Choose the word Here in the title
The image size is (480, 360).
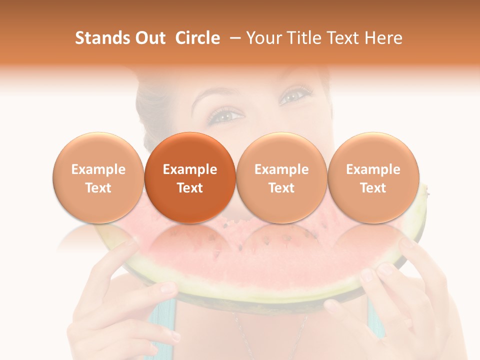385,38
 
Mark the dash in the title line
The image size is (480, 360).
234,38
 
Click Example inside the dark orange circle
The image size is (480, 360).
190,169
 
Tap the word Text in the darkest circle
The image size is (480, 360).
190,188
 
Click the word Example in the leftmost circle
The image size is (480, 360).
98,169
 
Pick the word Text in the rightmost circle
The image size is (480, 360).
373,188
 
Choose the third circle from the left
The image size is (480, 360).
281,177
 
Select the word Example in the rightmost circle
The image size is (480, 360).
373,169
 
